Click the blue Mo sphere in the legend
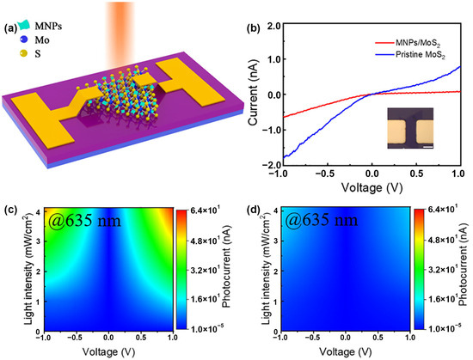[14, 38]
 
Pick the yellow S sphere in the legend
[14, 54]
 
